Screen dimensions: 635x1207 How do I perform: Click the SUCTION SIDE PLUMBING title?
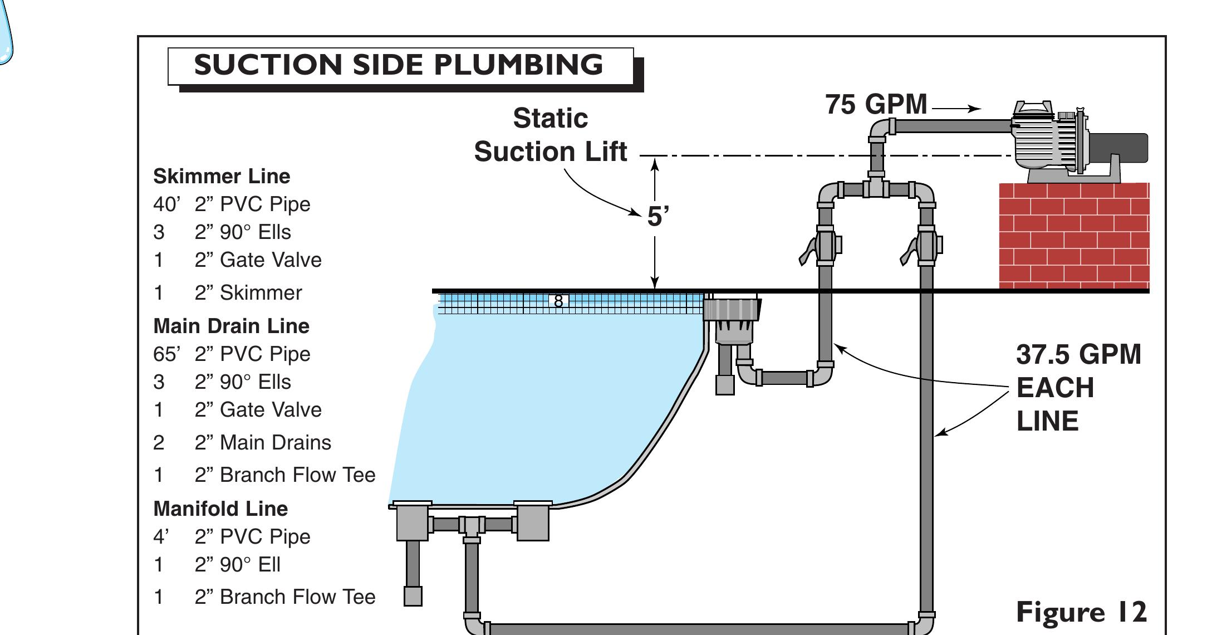[x=399, y=65]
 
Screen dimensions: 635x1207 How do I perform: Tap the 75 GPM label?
[x=876, y=105]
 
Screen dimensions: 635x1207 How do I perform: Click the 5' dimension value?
[x=657, y=217]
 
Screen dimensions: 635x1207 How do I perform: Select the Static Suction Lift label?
[x=550, y=135]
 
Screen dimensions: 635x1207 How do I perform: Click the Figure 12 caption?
[x=1081, y=612]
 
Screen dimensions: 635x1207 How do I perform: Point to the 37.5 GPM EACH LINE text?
[x=1078, y=388]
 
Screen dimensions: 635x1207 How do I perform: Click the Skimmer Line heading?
[x=222, y=177]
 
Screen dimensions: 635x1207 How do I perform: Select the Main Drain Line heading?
[x=231, y=326]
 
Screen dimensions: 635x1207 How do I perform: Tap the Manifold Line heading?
[x=220, y=509]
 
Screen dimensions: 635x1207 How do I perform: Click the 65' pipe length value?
[x=166, y=354]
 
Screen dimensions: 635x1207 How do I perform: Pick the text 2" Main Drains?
[x=262, y=443]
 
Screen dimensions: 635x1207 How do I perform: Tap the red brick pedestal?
[x=1073, y=236]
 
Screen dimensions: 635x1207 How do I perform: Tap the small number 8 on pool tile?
[x=558, y=301]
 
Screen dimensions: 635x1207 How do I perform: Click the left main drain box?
[x=412, y=522]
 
